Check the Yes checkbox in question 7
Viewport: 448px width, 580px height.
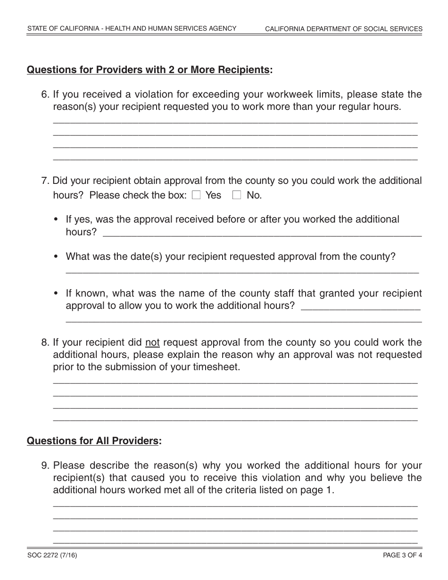tap(197, 195)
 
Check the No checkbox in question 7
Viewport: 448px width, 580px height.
tap(237, 195)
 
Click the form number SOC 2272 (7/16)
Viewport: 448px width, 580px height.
tap(52, 555)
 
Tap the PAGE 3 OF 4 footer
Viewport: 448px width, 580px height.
tap(402, 555)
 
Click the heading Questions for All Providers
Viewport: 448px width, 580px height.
tap(93, 441)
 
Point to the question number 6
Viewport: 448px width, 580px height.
tap(45, 94)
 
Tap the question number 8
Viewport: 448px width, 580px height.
tap(45, 342)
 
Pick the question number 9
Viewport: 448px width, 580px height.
tap(45, 466)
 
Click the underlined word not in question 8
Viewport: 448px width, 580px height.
tap(152, 342)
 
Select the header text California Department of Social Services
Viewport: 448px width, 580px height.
tap(343, 29)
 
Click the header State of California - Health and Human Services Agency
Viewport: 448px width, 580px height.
tap(132, 29)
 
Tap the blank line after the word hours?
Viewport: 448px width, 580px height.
tap(262, 233)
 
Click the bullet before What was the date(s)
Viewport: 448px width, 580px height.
tap(57, 257)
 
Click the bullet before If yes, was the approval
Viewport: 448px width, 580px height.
tap(57, 220)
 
